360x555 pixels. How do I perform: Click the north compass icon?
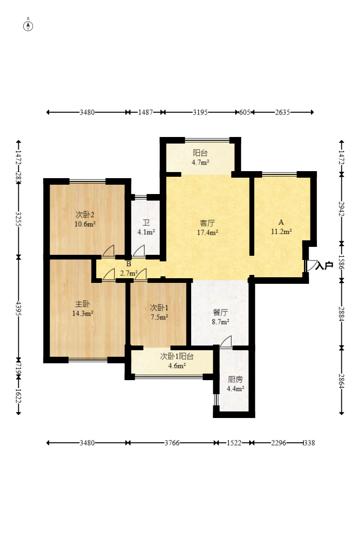pyautogui.click(x=28, y=26)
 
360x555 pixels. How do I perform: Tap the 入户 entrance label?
pyautogui.click(x=324, y=266)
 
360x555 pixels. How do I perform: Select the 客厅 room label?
pyautogui.click(x=208, y=223)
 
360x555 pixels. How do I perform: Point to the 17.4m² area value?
pyautogui.click(x=208, y=232)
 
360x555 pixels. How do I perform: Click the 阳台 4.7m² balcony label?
pyautogui.click(x=201, y=158)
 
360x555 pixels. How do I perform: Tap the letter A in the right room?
pyautogui.click(x=281, y=222)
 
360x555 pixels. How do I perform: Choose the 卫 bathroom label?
pyautogui.click(x=146, y=223)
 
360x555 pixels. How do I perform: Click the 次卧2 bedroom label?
pyautogui.click(x=85, y=215)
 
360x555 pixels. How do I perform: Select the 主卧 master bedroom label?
pyautogui.click(x=82, y=304)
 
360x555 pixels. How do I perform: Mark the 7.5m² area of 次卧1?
pyautogui.click(x=159, y=317)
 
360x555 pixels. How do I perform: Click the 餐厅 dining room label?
pyautogui.click(x=220, y=312)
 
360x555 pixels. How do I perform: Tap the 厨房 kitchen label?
pyautogui.click(x=235, y=380)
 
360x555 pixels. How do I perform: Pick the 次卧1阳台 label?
pyautogui.click(x=177, y=356)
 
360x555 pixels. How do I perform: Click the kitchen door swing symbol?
pyautogui.click(x=225, y=341)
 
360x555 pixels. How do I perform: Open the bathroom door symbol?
pyautogui.click(x=139, y=251)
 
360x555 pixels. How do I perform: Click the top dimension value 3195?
pyautogui.click(x=201, y=112)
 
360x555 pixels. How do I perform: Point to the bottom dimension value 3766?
pyautogui.click(x=172, y=443)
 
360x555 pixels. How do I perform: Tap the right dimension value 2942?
pyautogui.click(x=341, y=209)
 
